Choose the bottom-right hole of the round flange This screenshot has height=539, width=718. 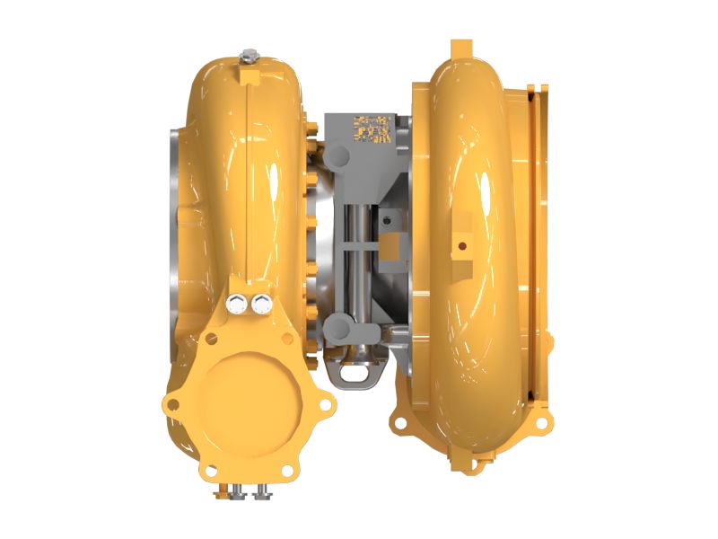click(x=286, y=470)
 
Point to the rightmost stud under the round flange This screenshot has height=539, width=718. click(x=264, y=492)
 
